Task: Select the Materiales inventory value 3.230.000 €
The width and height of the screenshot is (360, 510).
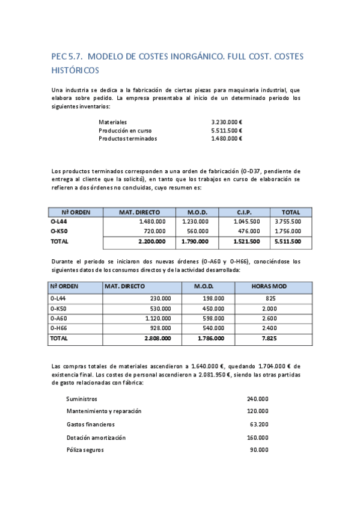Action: tap(227, 122)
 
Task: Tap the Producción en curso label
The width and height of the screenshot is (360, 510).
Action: tap(125, 131)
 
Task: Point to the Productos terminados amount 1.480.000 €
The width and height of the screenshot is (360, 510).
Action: tap(227, 138)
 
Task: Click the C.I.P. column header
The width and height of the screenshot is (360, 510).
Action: tap(244, 212)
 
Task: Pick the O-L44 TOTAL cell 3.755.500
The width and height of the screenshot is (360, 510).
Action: tap(287, 221)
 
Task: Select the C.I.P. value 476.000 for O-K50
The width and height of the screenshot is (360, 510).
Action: tap(249, 231)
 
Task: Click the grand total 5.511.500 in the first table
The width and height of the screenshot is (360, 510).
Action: tap(287, 241)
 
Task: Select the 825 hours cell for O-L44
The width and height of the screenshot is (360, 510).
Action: tap(270, 298)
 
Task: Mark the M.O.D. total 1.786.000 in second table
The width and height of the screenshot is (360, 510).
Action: tap(211, 338)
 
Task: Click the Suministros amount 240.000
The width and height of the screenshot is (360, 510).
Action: tap(257, 399)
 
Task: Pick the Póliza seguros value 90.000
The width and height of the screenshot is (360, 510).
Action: tap(259, 449)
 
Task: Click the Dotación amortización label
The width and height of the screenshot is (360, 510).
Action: tap(96, 437)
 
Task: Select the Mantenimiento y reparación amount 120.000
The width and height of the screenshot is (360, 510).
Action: tap(257, 411)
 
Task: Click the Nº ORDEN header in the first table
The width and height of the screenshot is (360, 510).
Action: tap(75, 212)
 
